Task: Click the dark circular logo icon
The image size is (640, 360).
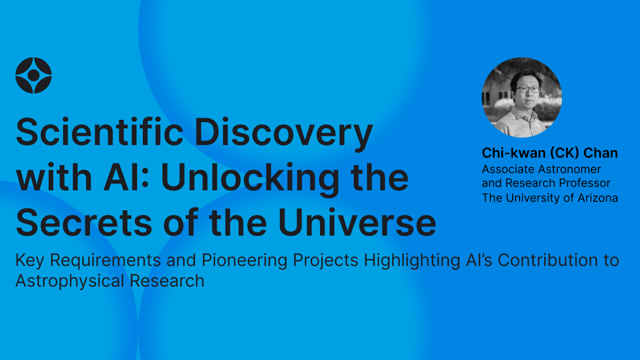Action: coord(34,75)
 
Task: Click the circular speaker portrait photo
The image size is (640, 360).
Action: coord(521,97)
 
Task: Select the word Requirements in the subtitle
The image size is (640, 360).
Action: coord(104,260)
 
